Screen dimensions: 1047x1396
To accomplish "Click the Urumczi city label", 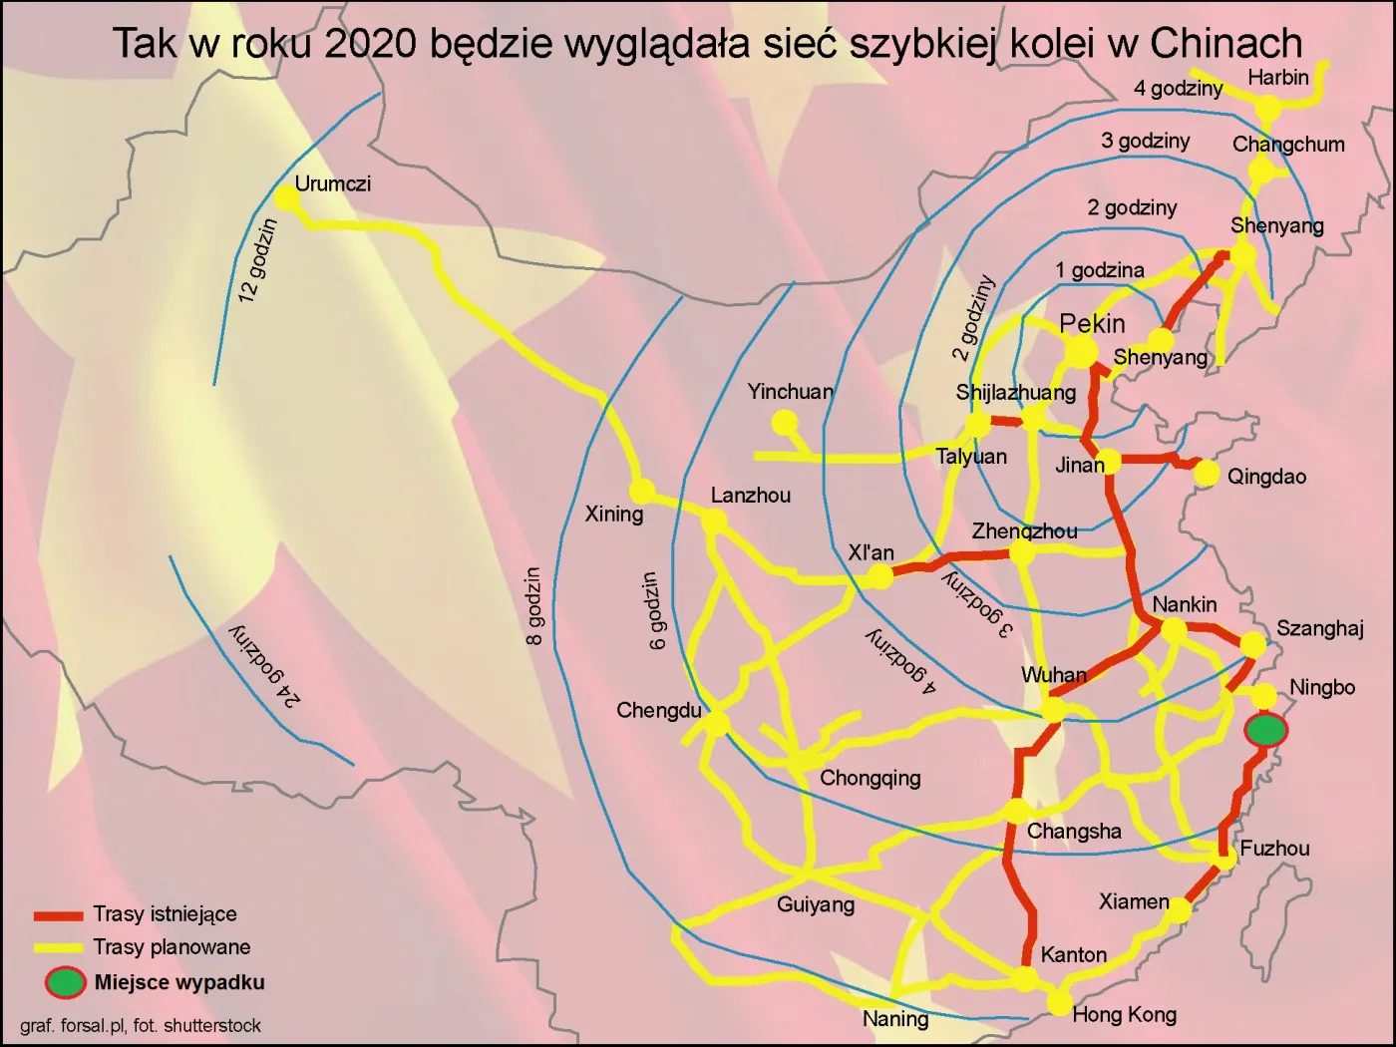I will pos(332,183).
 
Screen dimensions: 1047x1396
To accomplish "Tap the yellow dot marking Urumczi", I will pos(287,197).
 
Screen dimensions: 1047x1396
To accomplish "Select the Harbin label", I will pos(1277,77).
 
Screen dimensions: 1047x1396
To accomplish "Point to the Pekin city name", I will pos(1092,323).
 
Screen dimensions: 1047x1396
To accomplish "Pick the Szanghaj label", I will pos(1319,628).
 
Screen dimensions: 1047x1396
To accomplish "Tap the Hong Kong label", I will pos(1124,1015).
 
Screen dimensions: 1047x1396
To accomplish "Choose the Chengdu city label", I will pos(658,711).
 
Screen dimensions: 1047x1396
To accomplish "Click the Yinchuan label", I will pos(790,392).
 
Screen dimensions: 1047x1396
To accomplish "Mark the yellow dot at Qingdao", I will pos(1207,473).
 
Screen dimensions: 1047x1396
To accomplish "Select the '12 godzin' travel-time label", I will pos(257,260).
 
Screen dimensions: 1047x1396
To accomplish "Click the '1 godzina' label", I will pos(1100,270).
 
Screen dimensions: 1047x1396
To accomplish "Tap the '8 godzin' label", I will pos(534,606).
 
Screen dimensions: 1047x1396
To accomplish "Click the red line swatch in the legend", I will pos(58,915).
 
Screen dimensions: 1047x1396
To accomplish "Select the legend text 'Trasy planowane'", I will pos(172,947).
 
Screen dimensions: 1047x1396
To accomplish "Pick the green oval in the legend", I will pos(65,982).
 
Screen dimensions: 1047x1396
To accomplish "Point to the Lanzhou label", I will pos(750,496).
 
